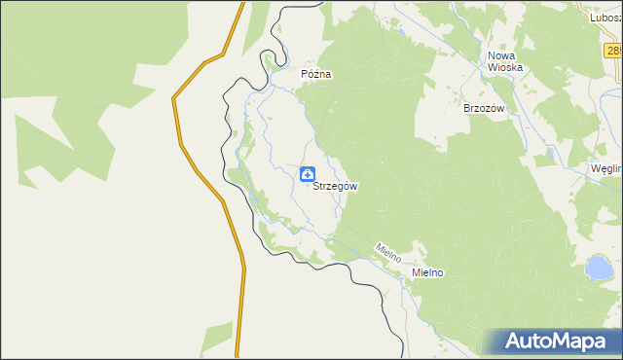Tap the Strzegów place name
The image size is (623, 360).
coord(336,186)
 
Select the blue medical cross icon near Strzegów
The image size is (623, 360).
coord(307,174)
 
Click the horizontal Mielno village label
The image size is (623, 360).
coord(427,273)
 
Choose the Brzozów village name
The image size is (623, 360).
coord(484,109)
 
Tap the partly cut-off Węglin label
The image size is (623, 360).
coord(605,168)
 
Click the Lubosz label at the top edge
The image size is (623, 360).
coord(605,17)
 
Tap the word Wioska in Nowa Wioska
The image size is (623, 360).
coord(505,68)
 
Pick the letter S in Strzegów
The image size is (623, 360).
coord(316,186)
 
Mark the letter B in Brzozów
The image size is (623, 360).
coord(467,109)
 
